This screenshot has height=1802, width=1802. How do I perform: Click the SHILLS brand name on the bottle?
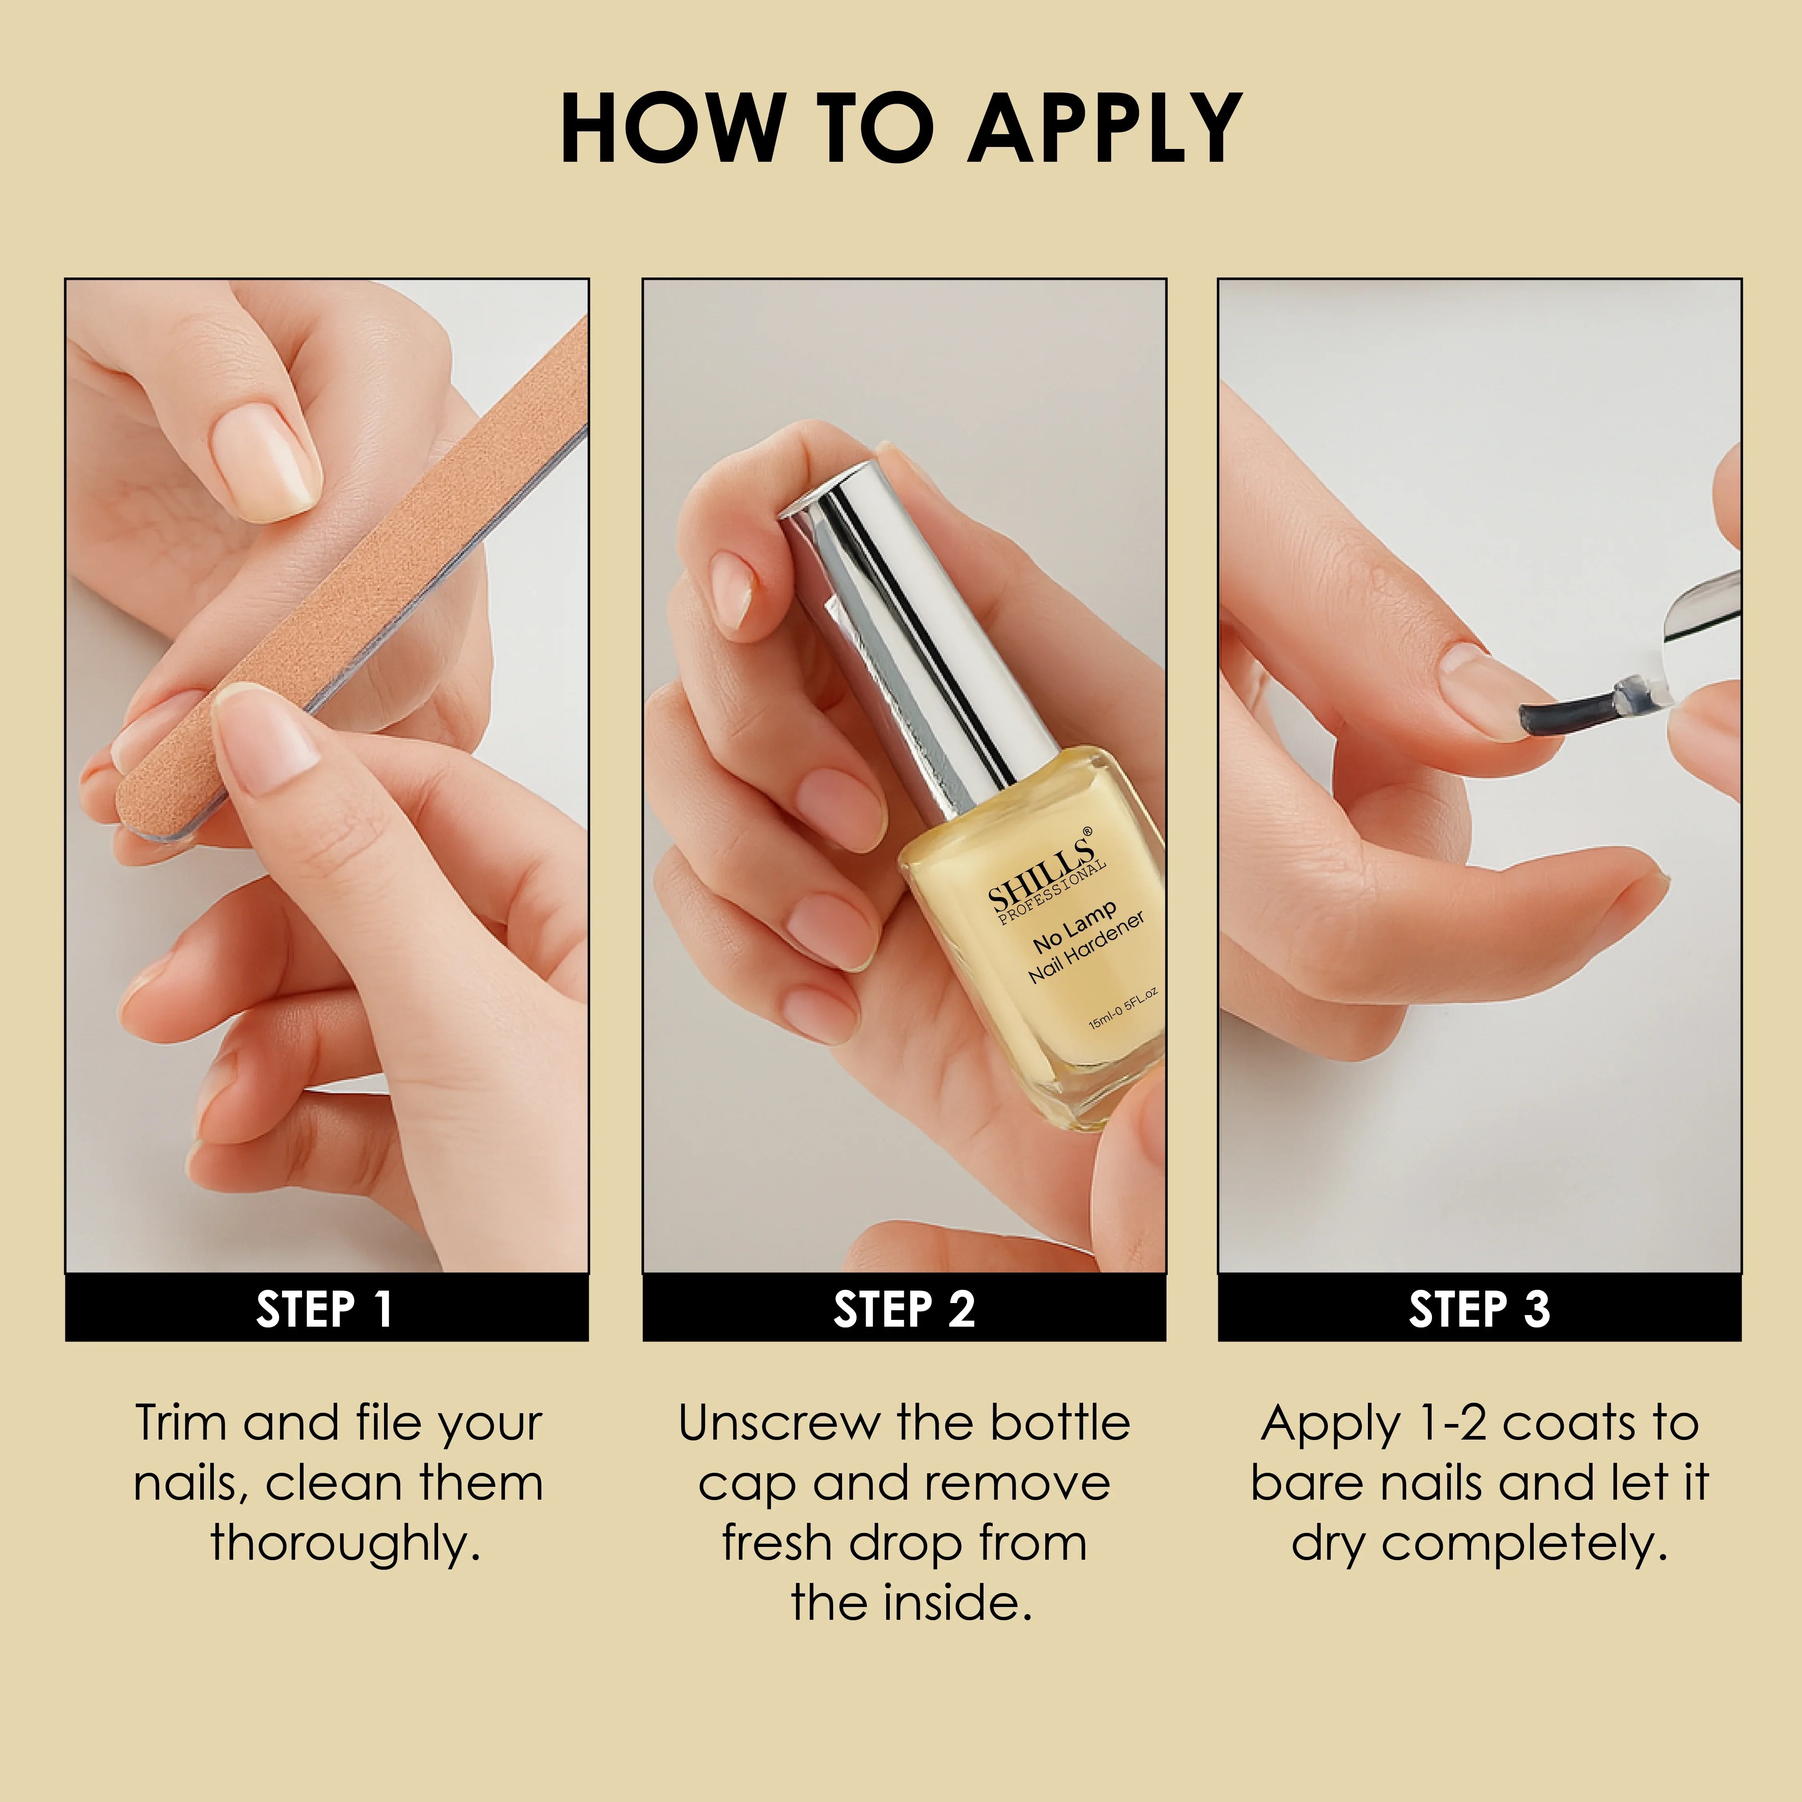click(x=1040, y=867)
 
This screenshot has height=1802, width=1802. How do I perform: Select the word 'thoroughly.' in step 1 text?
click(x=345, y=1544)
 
